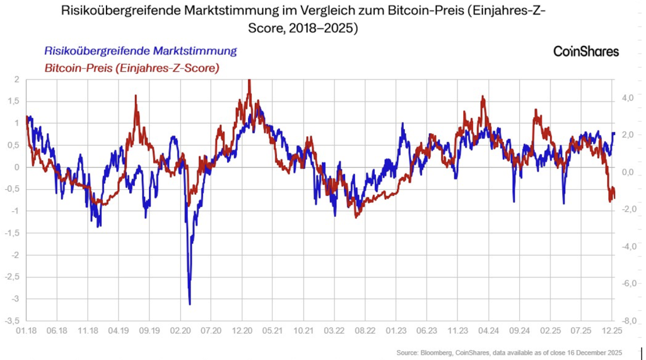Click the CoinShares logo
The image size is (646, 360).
585,52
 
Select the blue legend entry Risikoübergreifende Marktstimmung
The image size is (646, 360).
140,51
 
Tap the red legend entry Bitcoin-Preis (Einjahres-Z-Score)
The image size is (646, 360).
131,67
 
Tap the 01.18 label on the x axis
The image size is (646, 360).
26,330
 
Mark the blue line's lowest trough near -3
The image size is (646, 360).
190,304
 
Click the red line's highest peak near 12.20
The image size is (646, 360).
249,81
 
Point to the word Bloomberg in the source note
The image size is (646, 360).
434,352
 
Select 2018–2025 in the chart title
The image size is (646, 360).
326,29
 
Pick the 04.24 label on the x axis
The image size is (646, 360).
488,330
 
